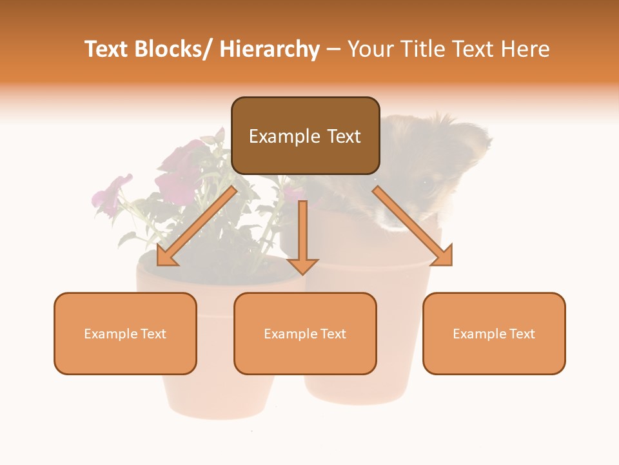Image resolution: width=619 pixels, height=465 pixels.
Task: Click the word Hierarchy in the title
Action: click(x=270, y=50)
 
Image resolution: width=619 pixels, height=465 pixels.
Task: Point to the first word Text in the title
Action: click(x=106, y=50)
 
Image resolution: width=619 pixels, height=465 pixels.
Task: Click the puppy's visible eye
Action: click(x=426, y=185)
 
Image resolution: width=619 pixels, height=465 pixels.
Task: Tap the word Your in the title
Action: click(x=370, y=50)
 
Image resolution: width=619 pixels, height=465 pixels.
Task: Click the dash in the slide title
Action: click(x=333, y=50)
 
